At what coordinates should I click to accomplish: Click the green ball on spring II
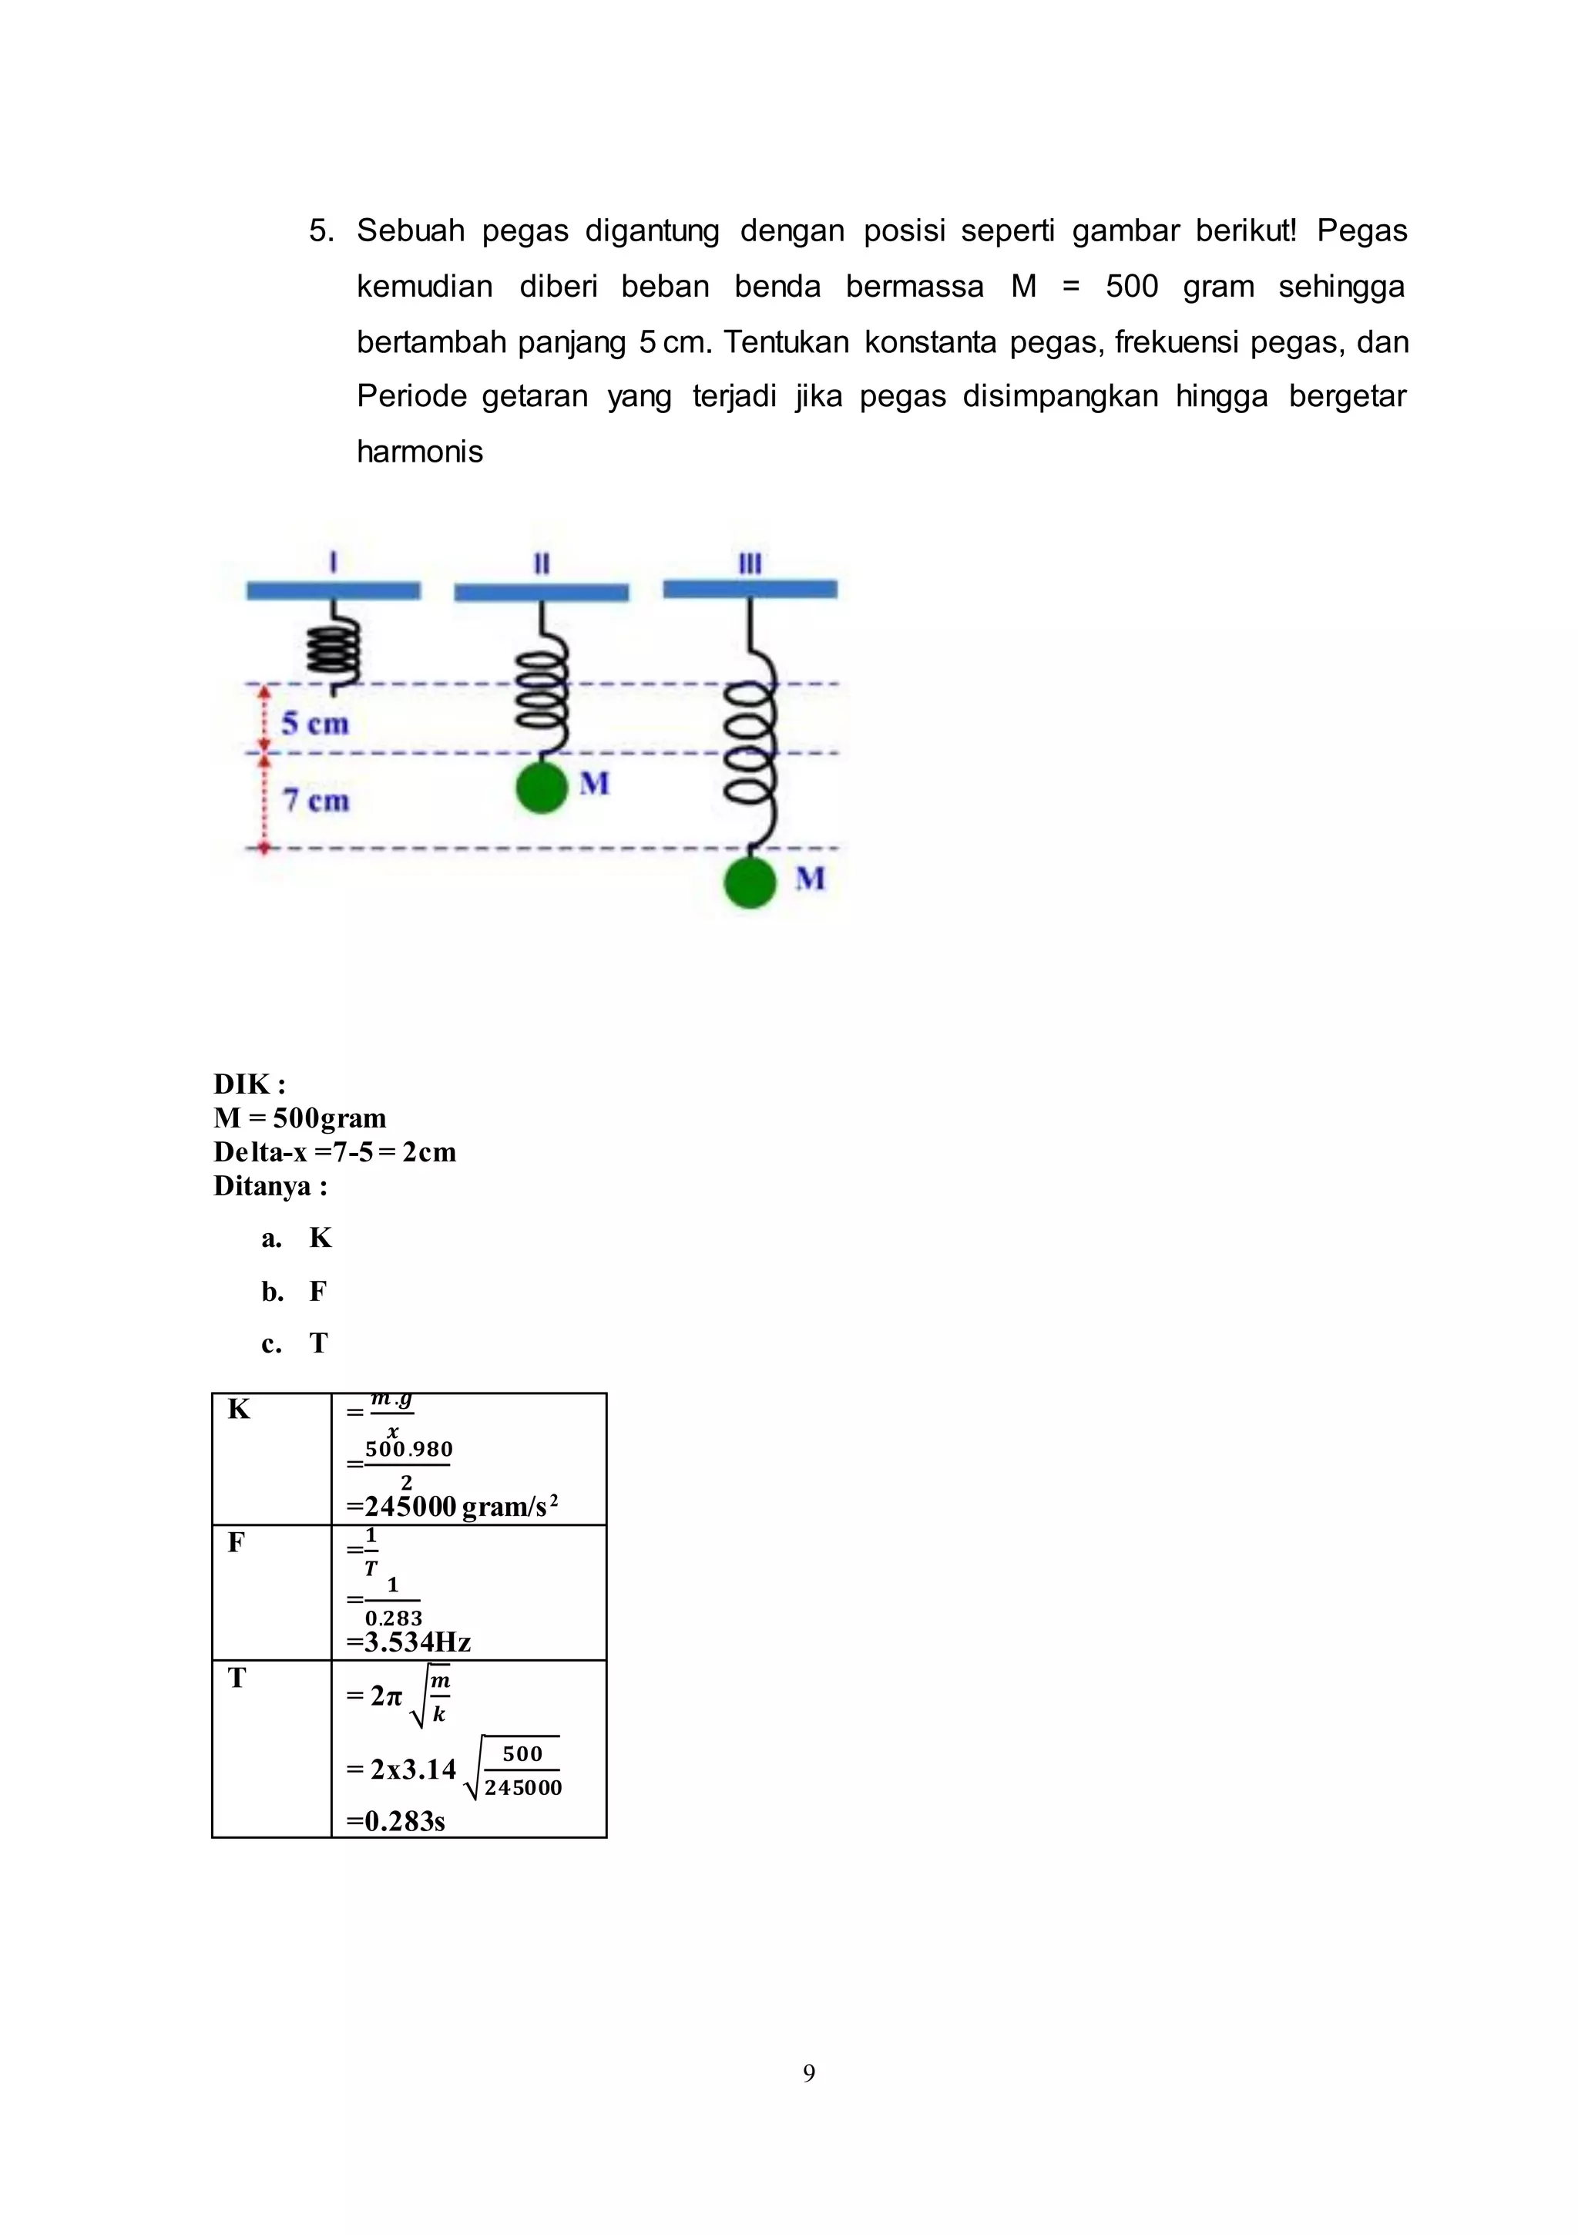541,788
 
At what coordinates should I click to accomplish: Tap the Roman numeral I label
334,562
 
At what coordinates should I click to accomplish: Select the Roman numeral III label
750,563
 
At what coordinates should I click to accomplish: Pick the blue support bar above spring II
541,592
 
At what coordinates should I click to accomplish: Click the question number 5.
321,230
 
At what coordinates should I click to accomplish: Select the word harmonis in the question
420,452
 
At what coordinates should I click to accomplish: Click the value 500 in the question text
1131,286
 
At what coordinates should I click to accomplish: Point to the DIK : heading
249,1084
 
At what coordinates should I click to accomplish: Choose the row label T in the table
237,1677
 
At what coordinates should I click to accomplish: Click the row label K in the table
239,1409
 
